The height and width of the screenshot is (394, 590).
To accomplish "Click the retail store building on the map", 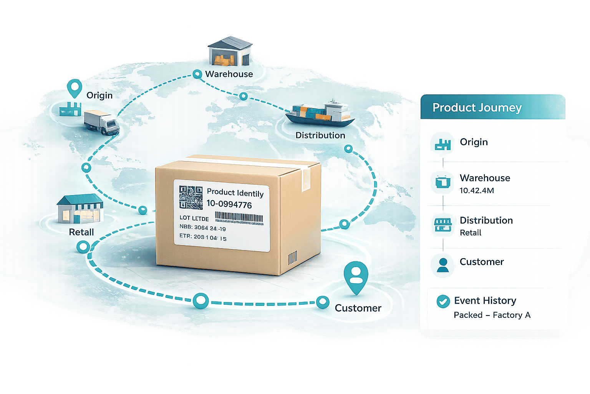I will (80, 209).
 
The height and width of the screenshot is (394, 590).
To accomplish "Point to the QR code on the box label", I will (191, 197).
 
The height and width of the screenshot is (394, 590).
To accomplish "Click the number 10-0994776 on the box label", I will (229, 204).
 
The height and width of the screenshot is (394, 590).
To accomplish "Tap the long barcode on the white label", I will (239, 218).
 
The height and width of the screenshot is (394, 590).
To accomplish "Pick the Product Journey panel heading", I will (477, 108).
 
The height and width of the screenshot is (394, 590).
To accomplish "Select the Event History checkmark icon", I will (443, 301).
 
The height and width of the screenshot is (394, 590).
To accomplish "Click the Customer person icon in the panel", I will (443, 265).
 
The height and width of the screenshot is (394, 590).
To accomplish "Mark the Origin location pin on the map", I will (74, 88).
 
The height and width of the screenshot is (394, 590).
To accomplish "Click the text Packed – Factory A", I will (492, 315).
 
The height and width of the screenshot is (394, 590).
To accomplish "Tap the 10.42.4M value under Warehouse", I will (477, 190).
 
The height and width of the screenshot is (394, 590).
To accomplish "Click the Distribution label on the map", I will (320, 135).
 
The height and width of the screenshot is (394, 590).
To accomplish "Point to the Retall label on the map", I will (81, 232).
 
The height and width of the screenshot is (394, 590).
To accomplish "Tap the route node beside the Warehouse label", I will (197, 74).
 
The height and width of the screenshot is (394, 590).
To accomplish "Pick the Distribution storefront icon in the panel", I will (443, 225).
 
